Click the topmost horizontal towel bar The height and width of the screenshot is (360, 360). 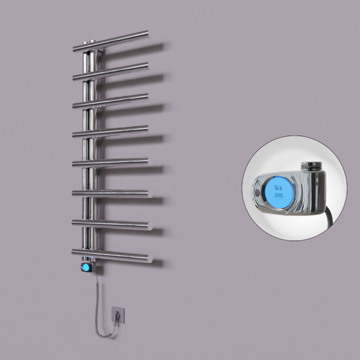pyautogui.click(x=112, y=40)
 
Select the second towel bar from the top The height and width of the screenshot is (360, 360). pyautogui.click(x=112, y=71)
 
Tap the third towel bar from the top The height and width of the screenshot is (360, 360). pyautogui.click(x=112, y=101)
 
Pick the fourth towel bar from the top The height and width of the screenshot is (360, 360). pyautogui.click(x=112, y=131)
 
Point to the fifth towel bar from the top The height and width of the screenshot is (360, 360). pyautogui.click(x=112, y=162)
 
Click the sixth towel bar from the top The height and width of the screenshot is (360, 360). pyautogui.click(x=112, y=193)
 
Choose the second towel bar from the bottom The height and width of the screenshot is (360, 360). pyautogui.click(x=112, y=224)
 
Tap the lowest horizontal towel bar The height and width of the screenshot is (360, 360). pyautogui.click(x=112, y=255)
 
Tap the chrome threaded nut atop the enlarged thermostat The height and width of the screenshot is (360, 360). pyautogui.click(x=310, y=163)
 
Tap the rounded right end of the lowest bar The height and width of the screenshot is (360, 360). pyautogui.click(x=149, y=259)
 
